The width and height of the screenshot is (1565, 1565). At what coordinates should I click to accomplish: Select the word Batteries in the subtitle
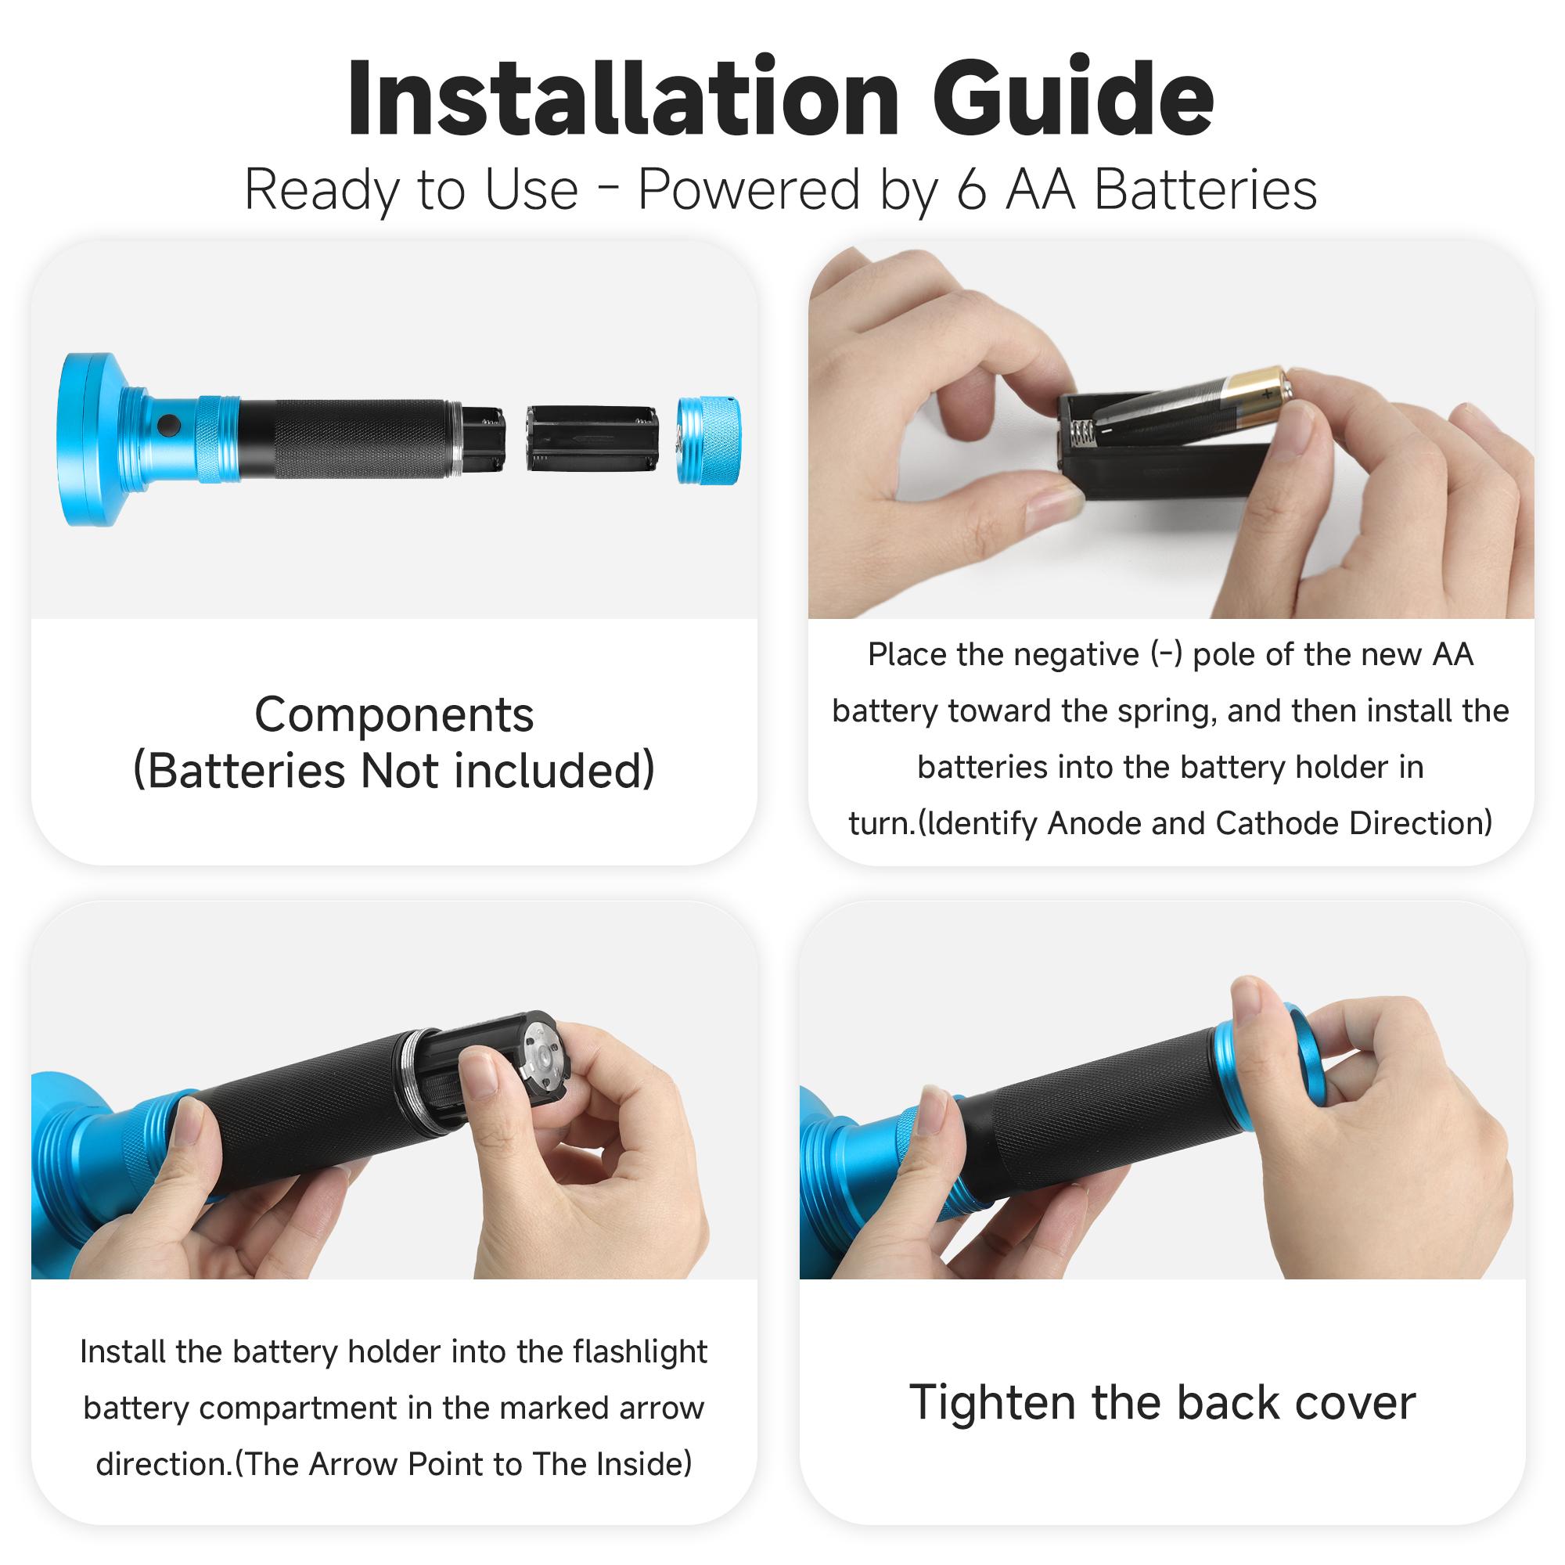pos(1205,190)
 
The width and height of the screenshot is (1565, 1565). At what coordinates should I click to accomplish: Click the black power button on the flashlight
pos(168,424)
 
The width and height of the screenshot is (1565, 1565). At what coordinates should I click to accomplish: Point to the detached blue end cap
pos(709,441)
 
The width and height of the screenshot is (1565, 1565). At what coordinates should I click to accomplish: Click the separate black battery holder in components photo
pos(592,438)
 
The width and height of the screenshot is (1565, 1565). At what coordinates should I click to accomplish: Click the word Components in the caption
pos(394,715)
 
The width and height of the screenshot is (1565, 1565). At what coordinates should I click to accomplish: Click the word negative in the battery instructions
pos(1084,654)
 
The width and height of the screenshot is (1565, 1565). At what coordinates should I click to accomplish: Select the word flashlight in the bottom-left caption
pos(639,1352)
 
